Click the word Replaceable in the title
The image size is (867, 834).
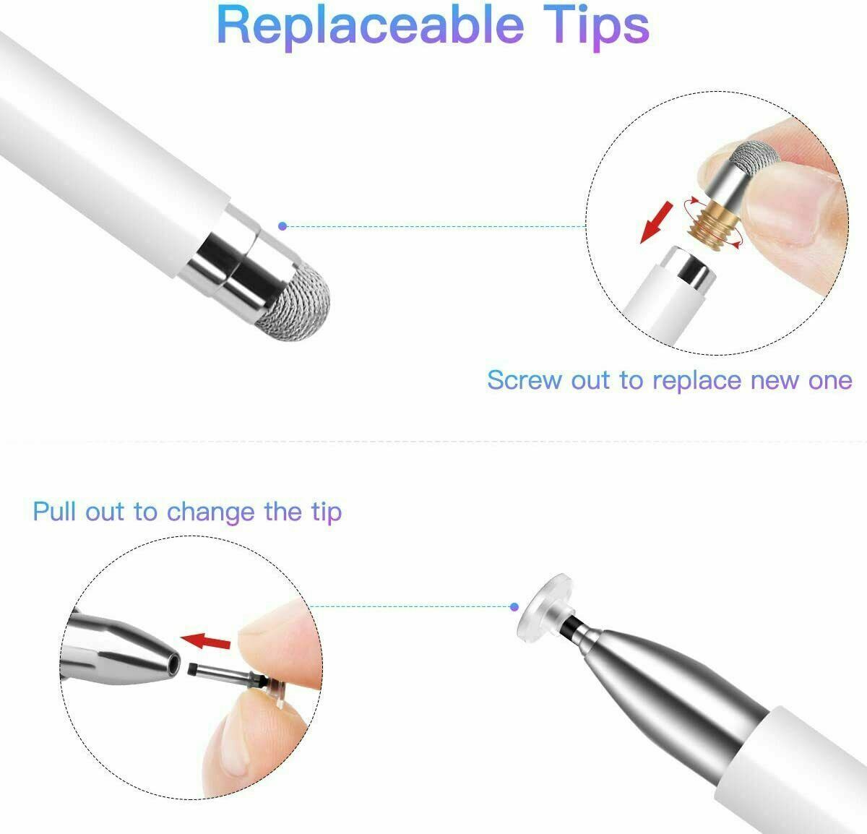coord(370,26)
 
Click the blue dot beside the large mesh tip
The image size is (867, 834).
coord(282,226)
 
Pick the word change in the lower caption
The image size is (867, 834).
coord(210,512)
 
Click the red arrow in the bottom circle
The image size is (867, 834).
coord(205,640)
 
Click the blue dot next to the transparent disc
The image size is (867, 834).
coord(514,607)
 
